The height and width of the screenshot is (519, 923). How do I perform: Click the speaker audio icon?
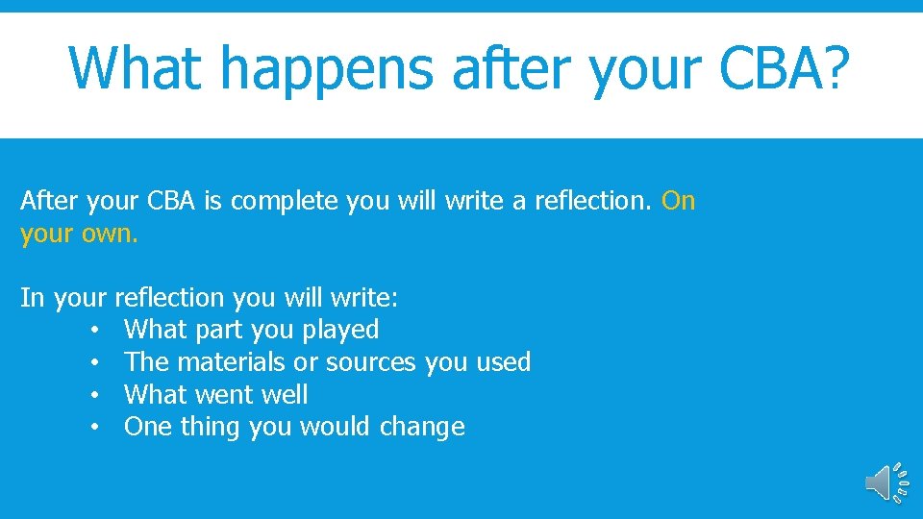pos(886,483)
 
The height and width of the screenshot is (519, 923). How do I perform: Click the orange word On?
pos(679,201)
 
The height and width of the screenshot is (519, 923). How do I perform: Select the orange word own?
pos(108,234)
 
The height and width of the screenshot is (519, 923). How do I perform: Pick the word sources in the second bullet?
pos(372,362)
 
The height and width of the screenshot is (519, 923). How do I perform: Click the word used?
pos(501,362)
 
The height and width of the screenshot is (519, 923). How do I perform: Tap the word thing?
pos(211,427)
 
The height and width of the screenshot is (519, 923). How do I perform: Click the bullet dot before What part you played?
pos(96,331)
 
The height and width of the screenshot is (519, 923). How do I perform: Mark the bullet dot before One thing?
pos(96,428)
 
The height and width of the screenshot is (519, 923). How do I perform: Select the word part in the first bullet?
pos(219,331)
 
